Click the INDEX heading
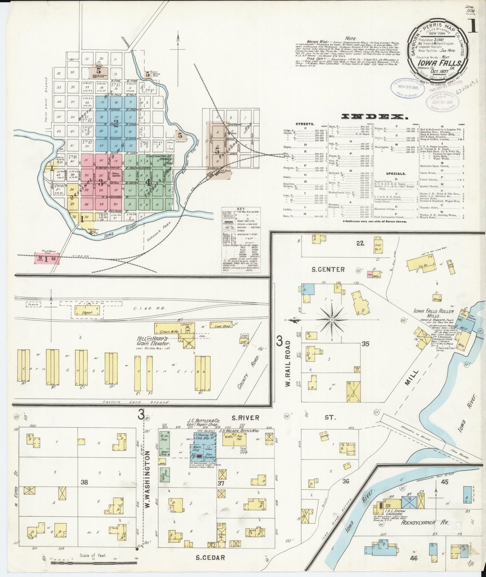pos(372,116)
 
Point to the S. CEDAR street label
pos(210,557)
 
